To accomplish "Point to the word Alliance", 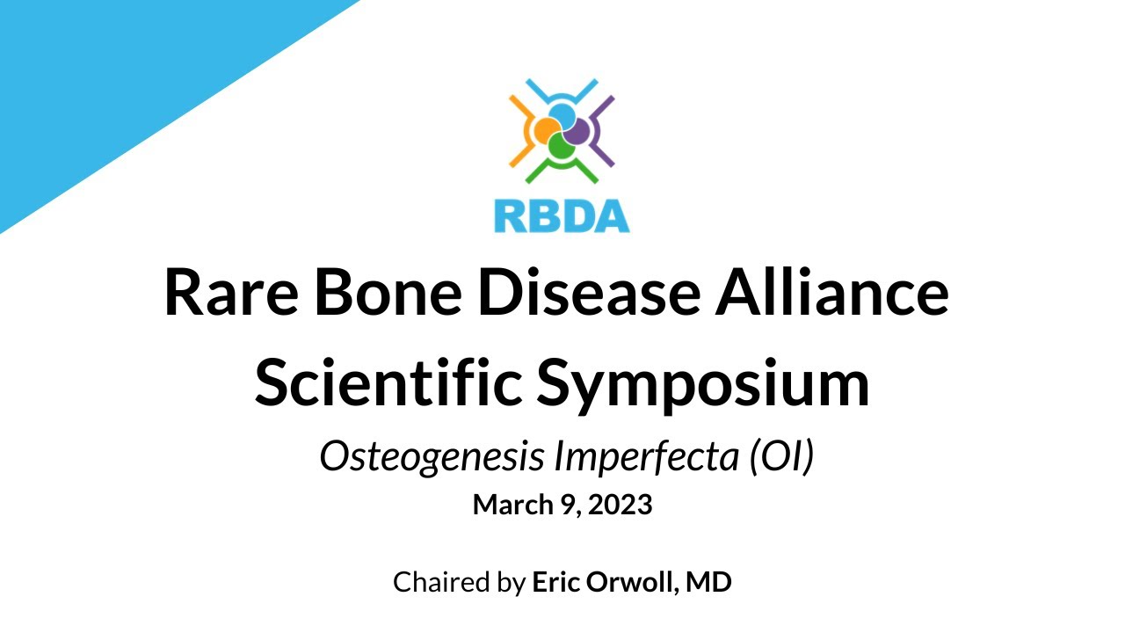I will [x=832, y=293].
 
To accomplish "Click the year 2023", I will [x=621, y=506].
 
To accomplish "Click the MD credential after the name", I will [x=710, y=582].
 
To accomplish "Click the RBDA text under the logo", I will [x=562, y=215].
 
